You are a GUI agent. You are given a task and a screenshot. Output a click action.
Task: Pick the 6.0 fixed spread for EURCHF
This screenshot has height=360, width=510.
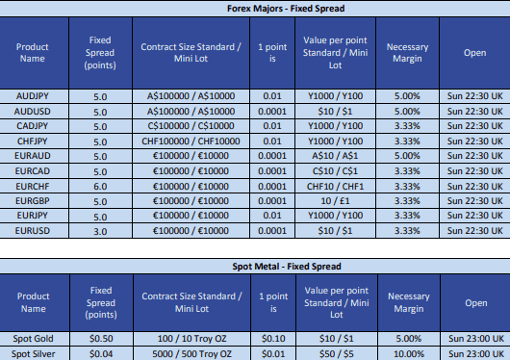(x=100, y=187)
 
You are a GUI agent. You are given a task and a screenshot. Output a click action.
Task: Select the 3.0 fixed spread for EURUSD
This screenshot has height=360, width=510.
(x=100, y=232)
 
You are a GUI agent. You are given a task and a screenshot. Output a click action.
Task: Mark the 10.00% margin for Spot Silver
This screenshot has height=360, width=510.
(x=408, y=353)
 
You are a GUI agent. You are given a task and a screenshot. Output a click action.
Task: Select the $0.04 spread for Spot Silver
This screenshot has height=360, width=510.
(x=100, y=353)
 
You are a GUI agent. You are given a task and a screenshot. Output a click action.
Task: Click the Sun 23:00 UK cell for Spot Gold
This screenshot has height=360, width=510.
(x=474, y=338)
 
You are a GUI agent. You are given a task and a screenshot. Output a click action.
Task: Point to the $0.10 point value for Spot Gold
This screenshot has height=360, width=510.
(x=272, y=338)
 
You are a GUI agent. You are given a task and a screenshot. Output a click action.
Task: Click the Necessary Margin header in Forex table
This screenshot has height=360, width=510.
(x=408, y=54)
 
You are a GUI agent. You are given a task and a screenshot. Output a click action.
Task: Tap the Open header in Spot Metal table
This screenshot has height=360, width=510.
(x=474, y=302)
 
